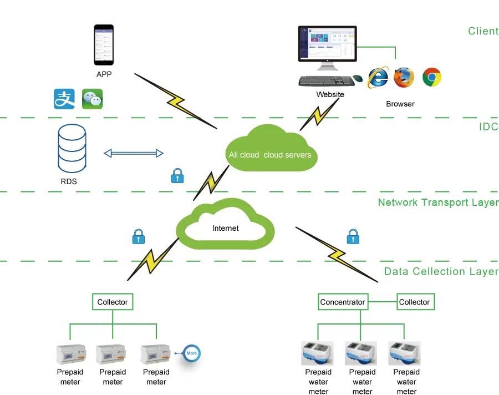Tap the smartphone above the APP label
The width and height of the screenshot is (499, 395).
[103, 45]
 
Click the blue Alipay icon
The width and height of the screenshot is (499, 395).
[64, 99]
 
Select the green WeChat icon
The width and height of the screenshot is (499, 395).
[92, 99]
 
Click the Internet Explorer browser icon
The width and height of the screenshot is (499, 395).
[378, 78]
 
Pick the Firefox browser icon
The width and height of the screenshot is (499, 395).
[404, 78]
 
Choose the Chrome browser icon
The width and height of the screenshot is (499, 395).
[431, 78]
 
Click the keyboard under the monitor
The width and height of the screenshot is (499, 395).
[327, 81]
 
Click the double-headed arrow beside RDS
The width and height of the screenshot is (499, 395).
[134, 153]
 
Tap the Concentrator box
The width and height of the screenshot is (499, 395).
[343, 302]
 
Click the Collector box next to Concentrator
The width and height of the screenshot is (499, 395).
[414, 302]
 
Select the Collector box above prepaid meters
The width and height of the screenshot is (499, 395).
[113, 302]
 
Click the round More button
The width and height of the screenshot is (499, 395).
[191, 353]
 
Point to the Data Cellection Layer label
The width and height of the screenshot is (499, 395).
[441, 272]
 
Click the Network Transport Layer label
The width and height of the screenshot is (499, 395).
[438, 202]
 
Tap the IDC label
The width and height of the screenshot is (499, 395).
[488, 127]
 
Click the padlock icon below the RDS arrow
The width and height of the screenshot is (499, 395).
[177, 176]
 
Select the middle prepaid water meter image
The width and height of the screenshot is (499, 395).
[361, 353]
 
